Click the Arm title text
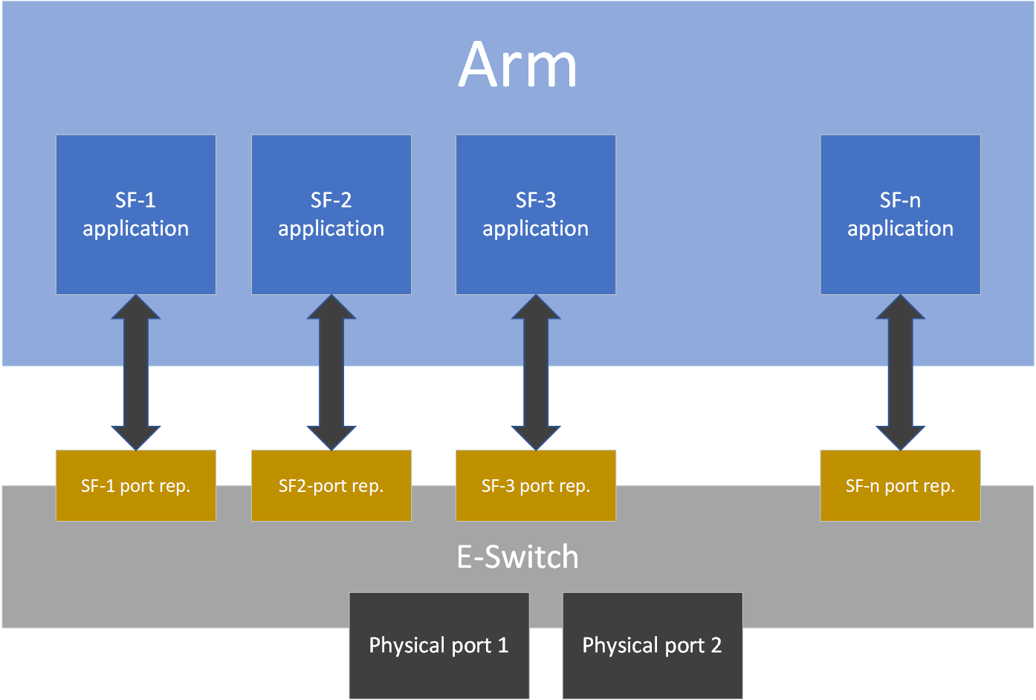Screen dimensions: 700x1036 click(517, 65)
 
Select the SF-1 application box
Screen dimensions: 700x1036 click(136, 215)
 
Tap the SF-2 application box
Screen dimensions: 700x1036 click(331, 215)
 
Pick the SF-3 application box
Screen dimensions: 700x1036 click(536, 215)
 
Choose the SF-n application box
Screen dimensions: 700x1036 click(900, 215)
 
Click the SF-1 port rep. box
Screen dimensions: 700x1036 click(136, 486)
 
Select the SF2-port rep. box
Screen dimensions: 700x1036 click(331, 486)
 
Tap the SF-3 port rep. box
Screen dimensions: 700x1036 click(536, 486)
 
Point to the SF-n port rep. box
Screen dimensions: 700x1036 click(900, 486)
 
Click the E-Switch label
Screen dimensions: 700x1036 click(517, 557)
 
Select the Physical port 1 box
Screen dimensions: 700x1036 click(439, 645)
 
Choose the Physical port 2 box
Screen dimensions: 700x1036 click(653, 645)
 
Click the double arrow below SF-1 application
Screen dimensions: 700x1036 click(136, 372)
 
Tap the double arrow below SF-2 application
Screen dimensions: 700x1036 click(331, 372)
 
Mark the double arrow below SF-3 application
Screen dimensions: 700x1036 click(536, 372)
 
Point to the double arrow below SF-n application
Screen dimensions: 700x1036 click(900, 372)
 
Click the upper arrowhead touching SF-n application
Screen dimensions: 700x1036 click(900, 308)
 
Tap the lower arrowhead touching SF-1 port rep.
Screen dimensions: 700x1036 click(136, 437)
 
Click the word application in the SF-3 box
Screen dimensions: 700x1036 click(536, 229)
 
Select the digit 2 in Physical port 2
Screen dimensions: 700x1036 click(716, 645)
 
